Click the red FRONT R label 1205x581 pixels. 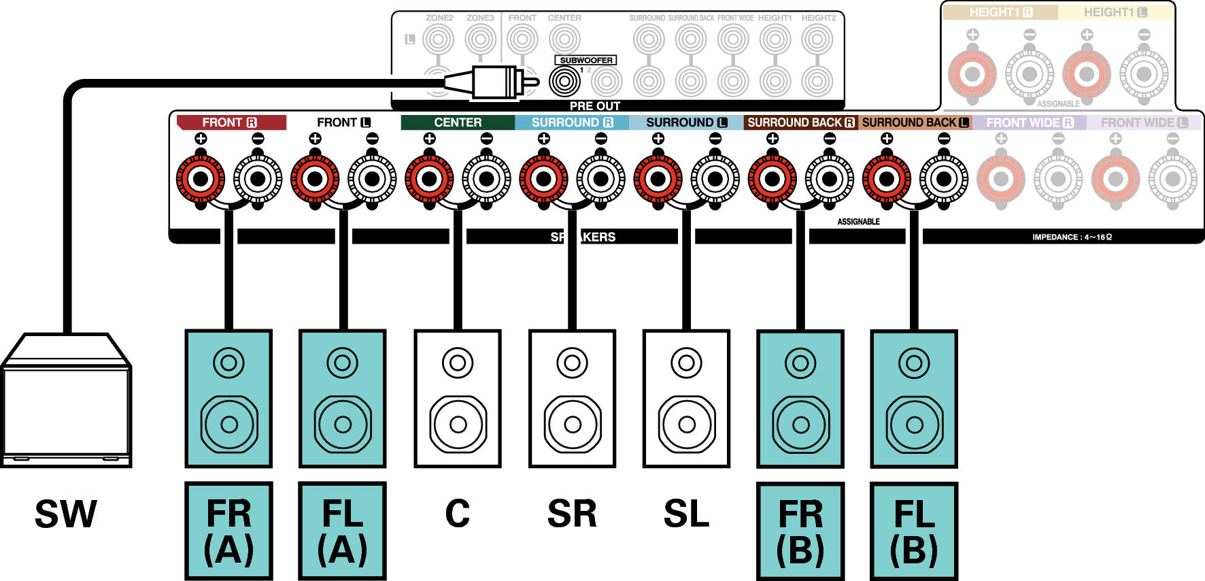(229, 122)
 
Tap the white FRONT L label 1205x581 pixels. (343, 122)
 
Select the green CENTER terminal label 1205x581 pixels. (458, 122)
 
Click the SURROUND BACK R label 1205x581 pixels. (800, 122)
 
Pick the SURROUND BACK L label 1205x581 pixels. (915, 122)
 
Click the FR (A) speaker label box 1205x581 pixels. (228, 531)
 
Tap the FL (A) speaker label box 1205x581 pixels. (342, 531)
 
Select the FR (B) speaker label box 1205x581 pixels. (800, 531)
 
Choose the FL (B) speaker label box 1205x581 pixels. (914, 531)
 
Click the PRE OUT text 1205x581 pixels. (594, 106)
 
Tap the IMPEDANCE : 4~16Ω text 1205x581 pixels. (1072, 237)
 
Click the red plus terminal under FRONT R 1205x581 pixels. (201, 179)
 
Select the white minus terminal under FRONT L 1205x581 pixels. (372, 179)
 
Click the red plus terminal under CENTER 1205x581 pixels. (429, 179)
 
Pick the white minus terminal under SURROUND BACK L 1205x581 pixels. (944, 179)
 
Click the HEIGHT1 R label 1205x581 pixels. (1000, 12)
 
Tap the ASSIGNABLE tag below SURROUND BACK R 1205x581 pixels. (859, 222)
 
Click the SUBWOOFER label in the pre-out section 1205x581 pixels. (586, 61)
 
